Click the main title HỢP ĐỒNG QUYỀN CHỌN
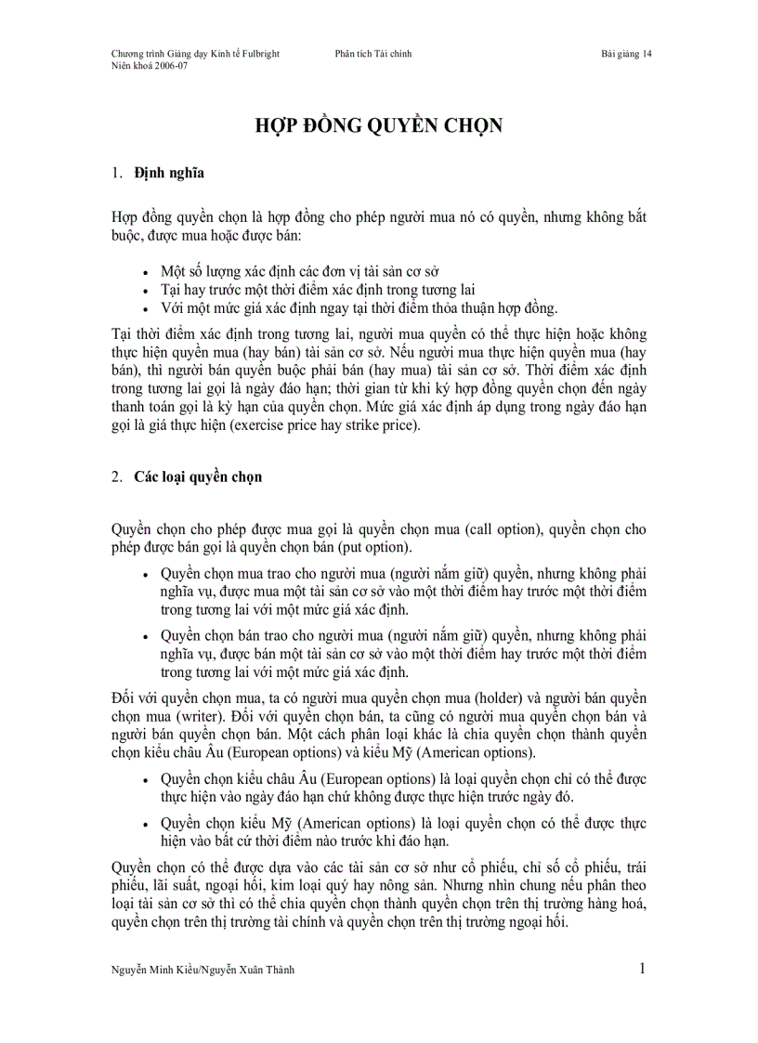[379, 126]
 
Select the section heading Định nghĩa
[169, 173]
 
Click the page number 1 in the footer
[642, 970]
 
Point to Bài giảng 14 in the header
[626, 54]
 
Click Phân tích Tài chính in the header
[373, 54]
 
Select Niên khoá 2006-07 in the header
[150, 67]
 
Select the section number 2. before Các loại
[117, 477]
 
